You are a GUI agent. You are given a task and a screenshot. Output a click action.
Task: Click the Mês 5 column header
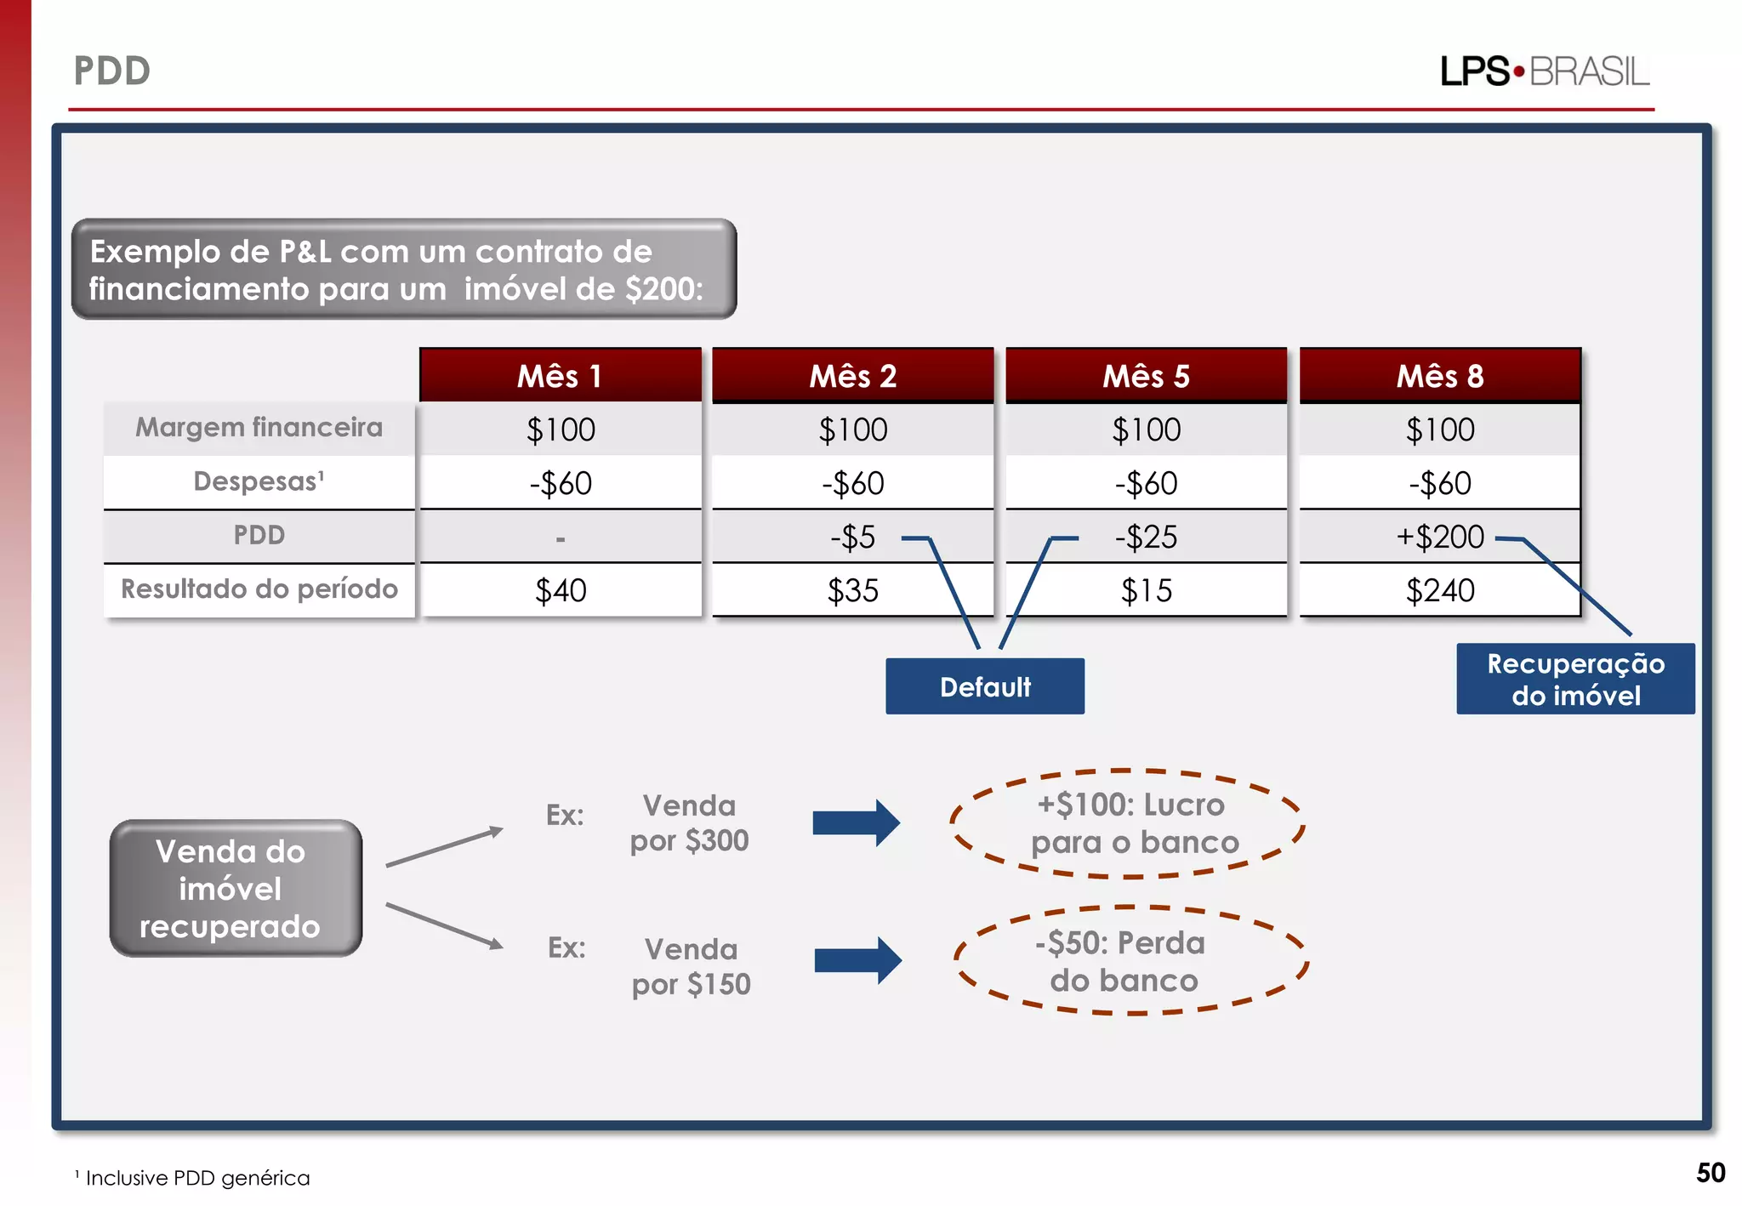[1146, 376]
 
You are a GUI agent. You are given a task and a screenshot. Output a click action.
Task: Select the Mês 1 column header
[560, 376]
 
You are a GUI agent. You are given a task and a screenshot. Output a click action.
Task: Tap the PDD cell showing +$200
[1439, 537]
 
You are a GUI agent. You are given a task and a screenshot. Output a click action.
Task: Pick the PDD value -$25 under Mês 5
[1146, 537]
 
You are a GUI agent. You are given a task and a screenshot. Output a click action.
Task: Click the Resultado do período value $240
[1439, 590]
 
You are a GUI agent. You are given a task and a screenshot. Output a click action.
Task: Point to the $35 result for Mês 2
[852, 590]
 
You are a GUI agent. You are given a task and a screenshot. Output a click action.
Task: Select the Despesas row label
[259, 481]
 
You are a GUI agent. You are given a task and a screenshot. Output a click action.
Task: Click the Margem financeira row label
[259, 427]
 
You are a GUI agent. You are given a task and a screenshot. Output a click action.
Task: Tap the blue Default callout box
[985, 686]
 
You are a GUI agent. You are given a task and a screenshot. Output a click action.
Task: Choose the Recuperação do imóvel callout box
[1575, 679]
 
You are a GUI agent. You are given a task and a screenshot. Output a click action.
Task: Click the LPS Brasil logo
[1545, 71]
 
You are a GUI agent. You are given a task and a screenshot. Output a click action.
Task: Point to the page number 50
[1711, 1173]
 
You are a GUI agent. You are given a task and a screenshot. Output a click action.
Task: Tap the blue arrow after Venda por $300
[856, 822]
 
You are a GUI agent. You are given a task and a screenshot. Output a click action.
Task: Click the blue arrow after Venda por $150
[857, 960]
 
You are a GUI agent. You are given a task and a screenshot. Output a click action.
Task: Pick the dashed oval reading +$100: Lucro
[1127, 823]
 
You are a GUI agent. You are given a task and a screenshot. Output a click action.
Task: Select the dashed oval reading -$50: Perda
[1130, 961]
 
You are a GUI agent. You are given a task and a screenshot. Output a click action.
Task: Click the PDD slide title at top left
[112, 71]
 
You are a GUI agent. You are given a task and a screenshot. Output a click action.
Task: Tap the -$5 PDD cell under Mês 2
[852, 537]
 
